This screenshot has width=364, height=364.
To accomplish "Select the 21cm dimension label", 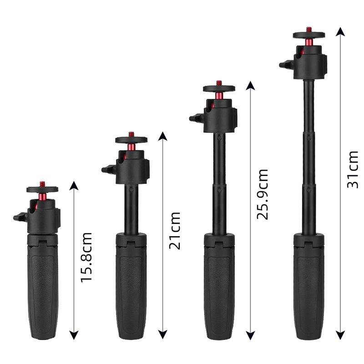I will [x=175, y=230].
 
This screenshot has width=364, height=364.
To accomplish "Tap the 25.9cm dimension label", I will [x=263, y=194].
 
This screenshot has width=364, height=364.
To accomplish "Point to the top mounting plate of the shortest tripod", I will [x=42, y=189].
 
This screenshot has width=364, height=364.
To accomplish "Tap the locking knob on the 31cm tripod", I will [x=285, y=65].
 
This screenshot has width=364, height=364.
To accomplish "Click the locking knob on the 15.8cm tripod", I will [x=19, y=217].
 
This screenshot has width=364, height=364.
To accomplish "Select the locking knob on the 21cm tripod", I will [x=107, y=170].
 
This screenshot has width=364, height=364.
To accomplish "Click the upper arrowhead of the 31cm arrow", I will [x=339, y=31].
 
